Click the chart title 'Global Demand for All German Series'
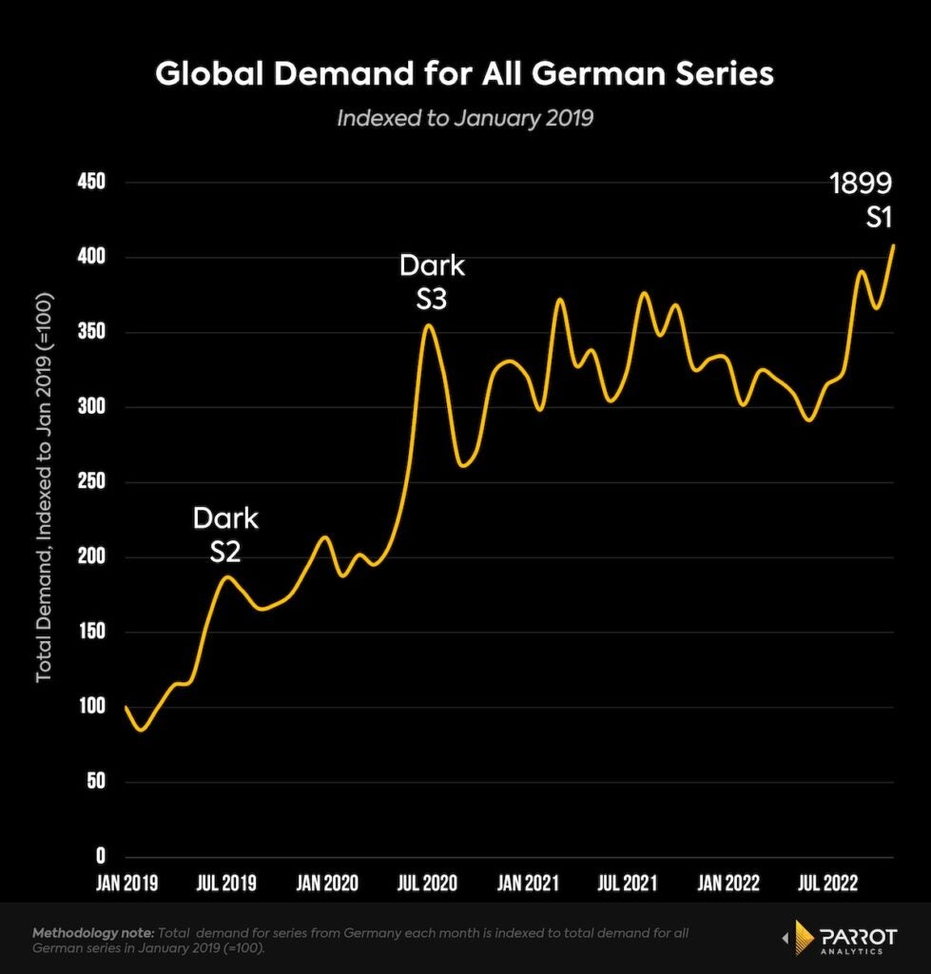click(x=464, y=74)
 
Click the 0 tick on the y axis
click(x=99, y=856)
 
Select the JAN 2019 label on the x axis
click(x=127, y=884)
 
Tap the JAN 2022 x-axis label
click(x=728, y=884)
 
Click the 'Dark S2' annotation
click(x=226, y=534)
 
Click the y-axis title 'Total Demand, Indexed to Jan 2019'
click(x=44, y=487)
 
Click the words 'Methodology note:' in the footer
click(x=93, y=934)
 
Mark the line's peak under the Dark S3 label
click(x=429, y=325)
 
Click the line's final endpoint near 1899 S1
click(x=893, y=245)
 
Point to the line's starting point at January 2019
click(x=126, y=708)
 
